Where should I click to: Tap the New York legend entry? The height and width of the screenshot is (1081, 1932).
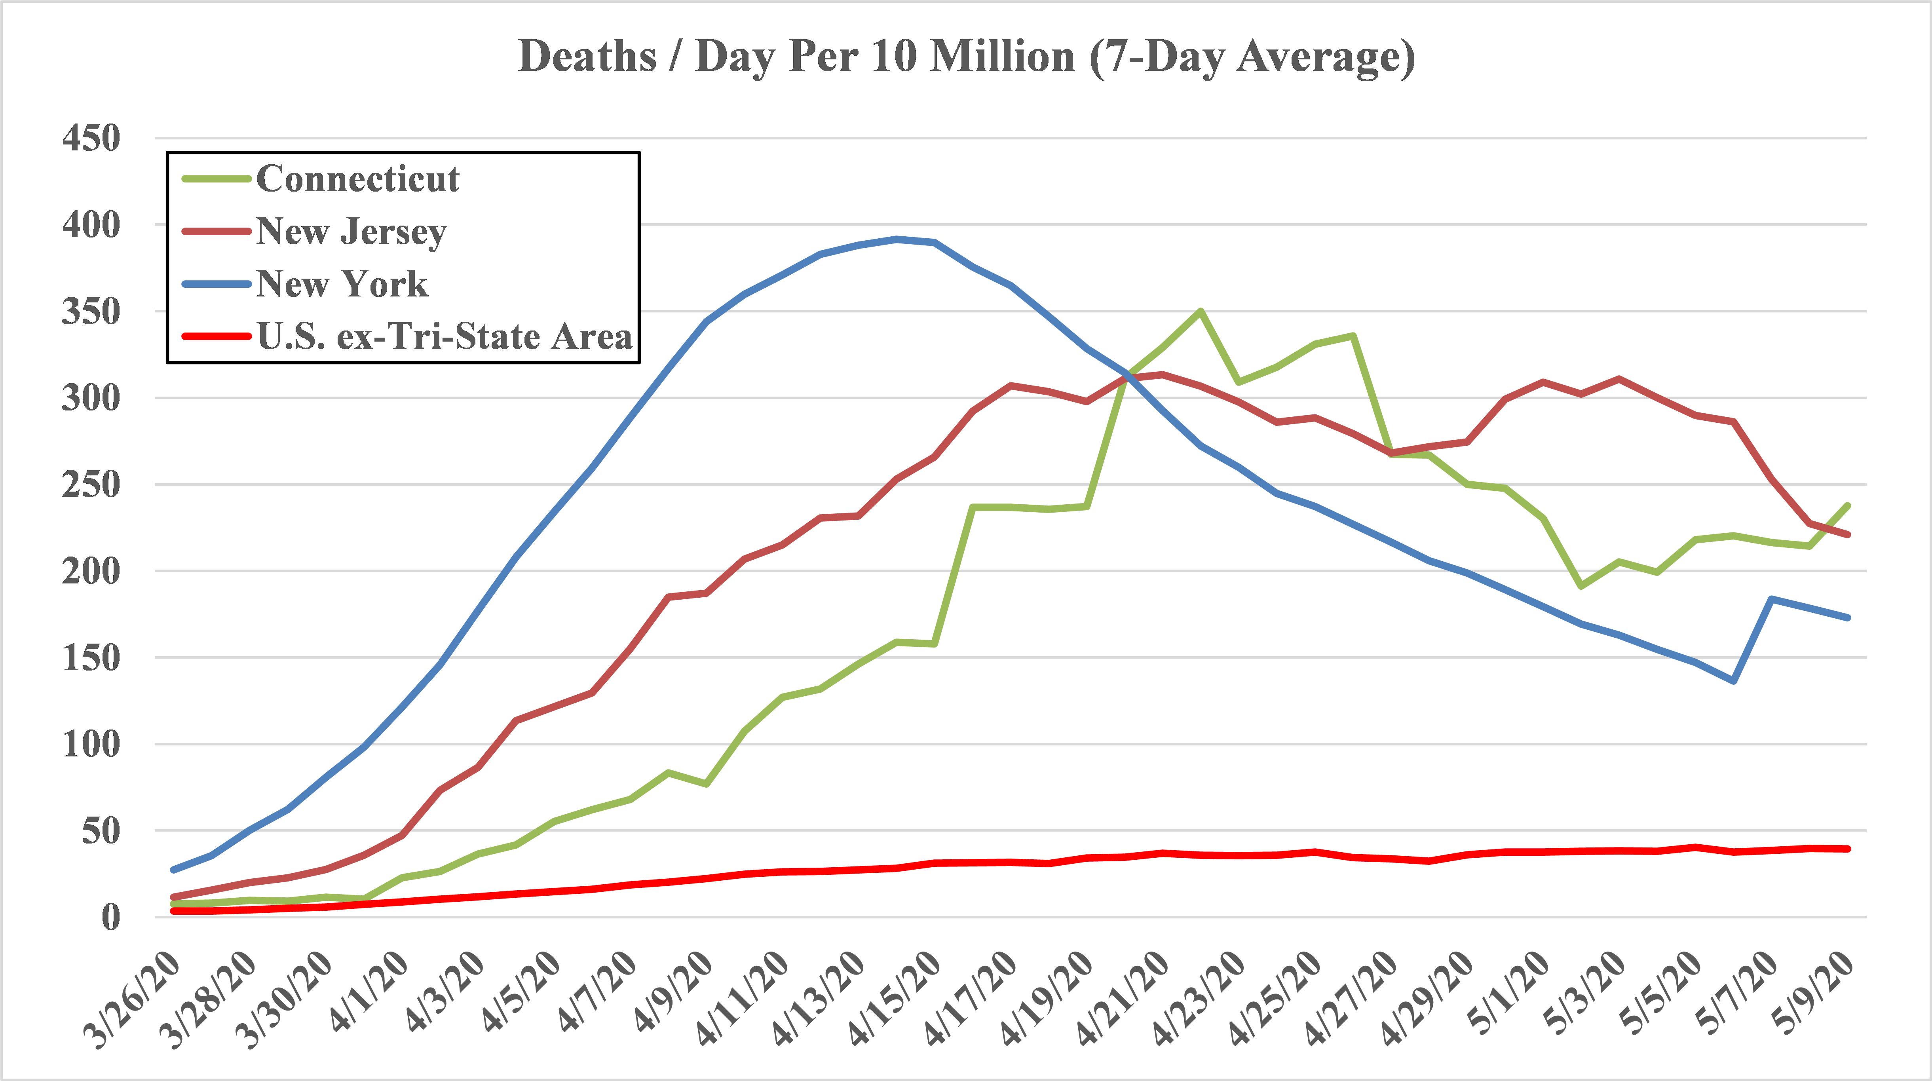click(x=342, y=283)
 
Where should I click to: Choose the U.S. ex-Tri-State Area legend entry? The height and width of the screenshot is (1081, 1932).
click(x=444, y=336)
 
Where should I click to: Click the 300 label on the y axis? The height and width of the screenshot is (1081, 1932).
click(x=91, y=397)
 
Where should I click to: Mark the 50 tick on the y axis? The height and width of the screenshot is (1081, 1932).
click(x=101, y=830)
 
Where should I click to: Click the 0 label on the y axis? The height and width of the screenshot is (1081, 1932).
click(x=111, y=917)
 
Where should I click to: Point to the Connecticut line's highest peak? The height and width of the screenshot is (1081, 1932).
click(x=1201, y=311)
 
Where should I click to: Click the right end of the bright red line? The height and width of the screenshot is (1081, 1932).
click(x=1848, y=848)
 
